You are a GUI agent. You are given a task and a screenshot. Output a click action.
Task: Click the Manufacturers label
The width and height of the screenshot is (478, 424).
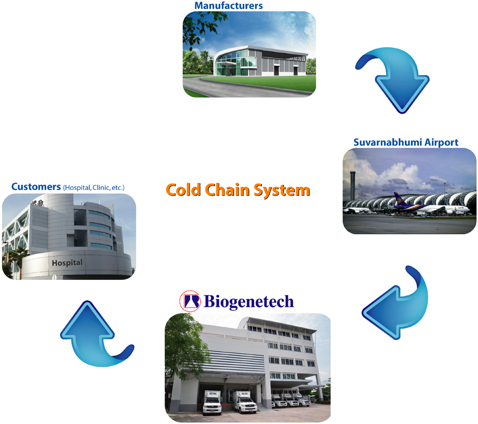(228, 5)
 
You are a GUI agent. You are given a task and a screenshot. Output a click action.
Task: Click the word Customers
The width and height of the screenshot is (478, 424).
(36, 187)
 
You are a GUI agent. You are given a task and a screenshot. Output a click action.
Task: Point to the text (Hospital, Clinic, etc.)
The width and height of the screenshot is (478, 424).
(94, 188)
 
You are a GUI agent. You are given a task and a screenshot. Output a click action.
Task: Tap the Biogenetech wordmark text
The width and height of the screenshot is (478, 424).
(249, 301)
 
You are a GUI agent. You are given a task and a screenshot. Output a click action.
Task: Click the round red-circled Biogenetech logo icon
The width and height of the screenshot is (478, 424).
(190, 301)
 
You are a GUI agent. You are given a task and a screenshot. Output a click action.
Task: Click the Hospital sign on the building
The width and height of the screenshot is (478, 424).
(67, 262)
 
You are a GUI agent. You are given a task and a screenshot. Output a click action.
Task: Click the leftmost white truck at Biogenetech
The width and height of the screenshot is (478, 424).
(212, 402)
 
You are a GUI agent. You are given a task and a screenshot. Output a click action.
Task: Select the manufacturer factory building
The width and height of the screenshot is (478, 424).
(261, 61)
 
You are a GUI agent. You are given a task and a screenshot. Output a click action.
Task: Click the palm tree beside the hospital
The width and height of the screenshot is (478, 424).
(18, 260)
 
